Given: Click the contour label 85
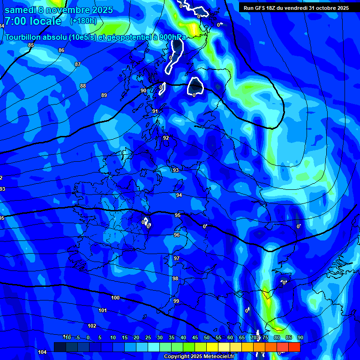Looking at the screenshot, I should (31, 45).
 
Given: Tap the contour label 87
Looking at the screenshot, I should (78, 64).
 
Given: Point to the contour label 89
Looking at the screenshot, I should (104, 95).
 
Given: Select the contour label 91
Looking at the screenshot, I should (155, 111).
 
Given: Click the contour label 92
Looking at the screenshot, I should (166, 138).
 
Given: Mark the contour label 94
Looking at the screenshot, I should (179, 195).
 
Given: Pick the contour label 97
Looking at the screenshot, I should (177, 258).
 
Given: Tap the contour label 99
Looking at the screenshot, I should (176, 301).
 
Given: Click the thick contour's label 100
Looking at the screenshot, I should (115, 298).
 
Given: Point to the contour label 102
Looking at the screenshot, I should (92, 326).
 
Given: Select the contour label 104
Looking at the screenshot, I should (42, 352).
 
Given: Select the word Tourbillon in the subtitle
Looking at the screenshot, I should (24, 37).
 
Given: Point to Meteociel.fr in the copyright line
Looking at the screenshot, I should (218, 357).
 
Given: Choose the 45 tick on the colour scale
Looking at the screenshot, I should (195, 337).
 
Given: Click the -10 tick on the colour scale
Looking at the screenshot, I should (67, 337).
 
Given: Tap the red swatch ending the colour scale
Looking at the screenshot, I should (294, 347).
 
